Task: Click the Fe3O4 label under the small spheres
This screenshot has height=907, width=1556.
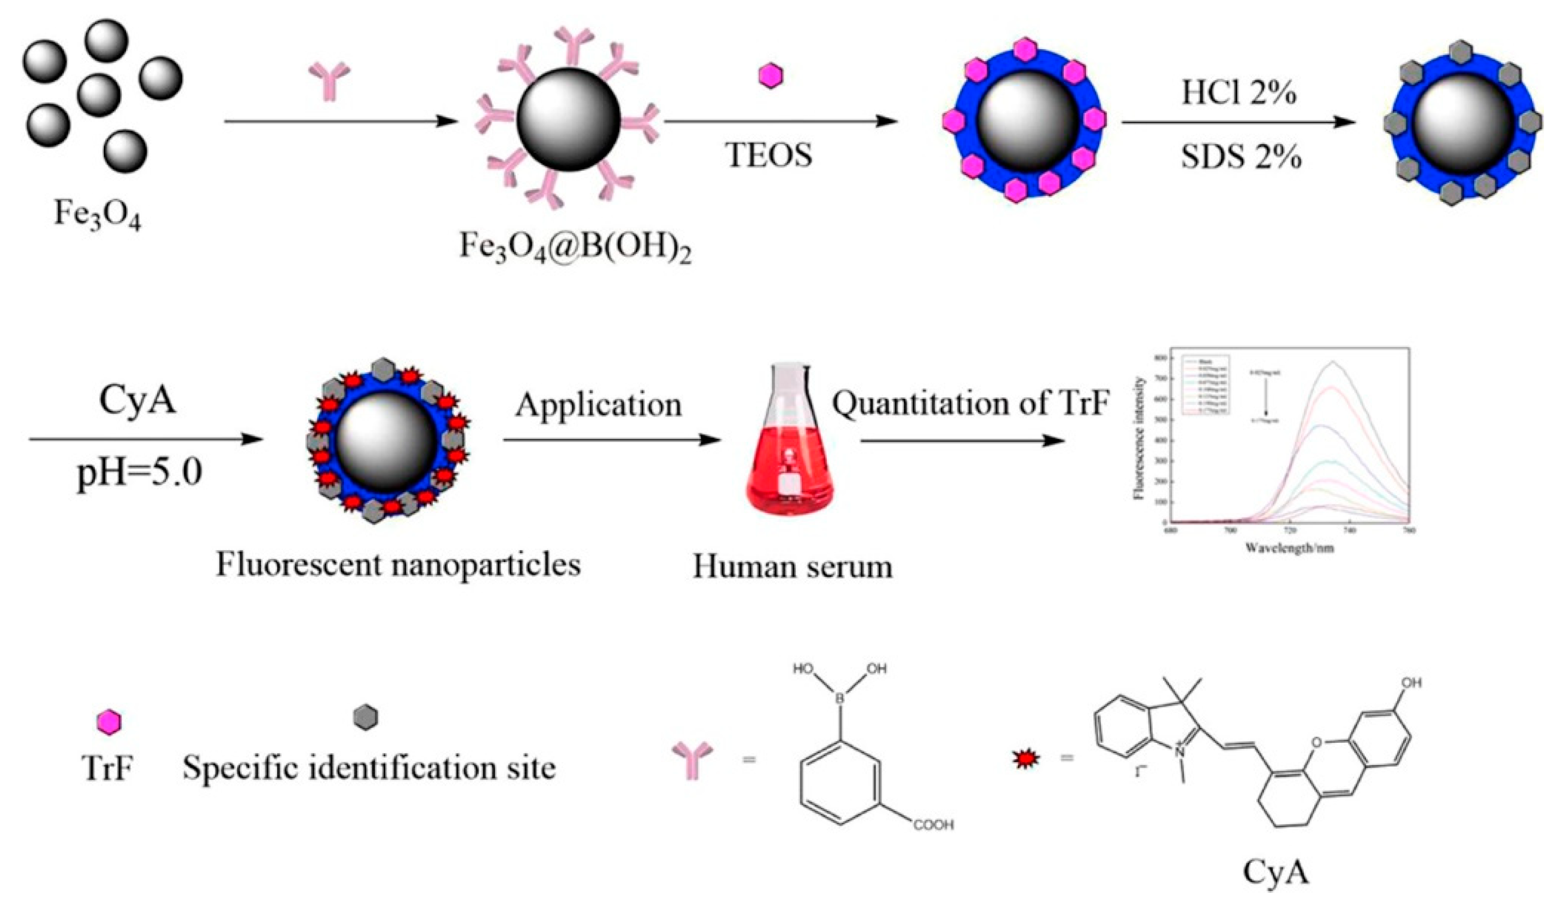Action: pos(98,214)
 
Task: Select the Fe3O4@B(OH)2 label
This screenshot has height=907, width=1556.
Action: pos(575,247)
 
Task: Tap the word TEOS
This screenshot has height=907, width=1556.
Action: pos(769,155)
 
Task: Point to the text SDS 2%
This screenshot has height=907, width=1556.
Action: pos(1241,158)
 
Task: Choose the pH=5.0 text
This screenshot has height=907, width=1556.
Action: pos(140,474)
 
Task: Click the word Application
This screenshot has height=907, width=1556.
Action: pos(599,405)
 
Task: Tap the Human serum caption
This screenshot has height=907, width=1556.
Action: pos(792,566)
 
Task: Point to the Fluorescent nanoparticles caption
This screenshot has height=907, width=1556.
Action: pos(398,564)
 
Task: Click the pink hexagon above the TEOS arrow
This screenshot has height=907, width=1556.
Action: pos(770,76)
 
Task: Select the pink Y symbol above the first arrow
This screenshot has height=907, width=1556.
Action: pos(329,80)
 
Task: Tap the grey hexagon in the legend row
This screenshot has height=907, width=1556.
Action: pos(366,718)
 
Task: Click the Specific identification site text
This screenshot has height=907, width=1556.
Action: pos(369,768)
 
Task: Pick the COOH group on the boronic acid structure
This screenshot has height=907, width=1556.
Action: pos(933,824)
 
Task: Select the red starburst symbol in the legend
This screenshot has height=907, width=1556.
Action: pos(1026,759)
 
